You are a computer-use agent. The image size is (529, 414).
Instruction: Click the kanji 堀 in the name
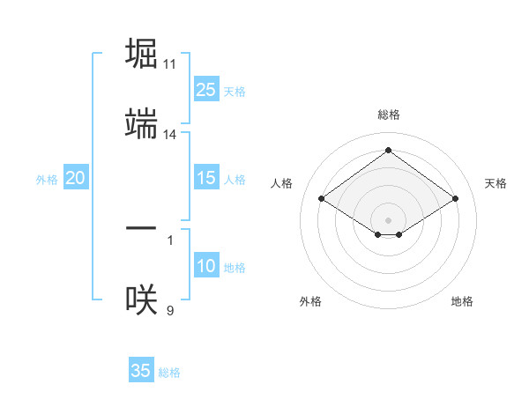[141, 54]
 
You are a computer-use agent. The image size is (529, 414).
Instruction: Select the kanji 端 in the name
[141, 125]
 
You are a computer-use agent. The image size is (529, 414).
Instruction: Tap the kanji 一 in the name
[141, 228]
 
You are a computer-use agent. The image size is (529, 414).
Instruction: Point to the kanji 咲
[141, 299]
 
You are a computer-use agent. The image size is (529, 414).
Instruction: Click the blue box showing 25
[205, 90]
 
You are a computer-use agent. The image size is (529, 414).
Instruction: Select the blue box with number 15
[205, 179]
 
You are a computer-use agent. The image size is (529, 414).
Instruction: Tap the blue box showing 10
[205, 267]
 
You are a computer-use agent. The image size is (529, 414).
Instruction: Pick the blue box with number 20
[75, 179]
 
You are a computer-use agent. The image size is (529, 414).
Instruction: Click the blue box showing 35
[141, 371]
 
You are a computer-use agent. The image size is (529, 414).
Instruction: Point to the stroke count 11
[170, 64]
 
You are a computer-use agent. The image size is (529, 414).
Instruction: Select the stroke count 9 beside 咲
[169, 309]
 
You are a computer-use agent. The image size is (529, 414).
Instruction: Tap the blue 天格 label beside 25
[234, 92]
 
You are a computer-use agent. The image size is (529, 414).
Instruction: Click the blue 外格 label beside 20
[47, 180]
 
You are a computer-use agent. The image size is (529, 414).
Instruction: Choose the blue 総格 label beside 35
[169, 373]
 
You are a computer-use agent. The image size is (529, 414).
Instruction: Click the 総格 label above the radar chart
[388, 115]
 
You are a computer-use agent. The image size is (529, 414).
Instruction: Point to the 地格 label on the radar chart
[462, 301]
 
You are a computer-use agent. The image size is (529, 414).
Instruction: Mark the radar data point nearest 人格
[322, 199]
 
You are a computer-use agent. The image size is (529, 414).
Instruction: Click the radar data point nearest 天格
[455, 199]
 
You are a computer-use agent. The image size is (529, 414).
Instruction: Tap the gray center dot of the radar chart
[388, 219]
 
